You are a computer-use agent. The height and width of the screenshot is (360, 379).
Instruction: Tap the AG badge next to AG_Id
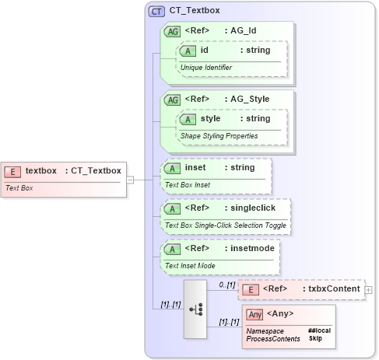[x=170, y=31]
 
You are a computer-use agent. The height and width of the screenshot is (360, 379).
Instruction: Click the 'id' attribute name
[x=204, y=51]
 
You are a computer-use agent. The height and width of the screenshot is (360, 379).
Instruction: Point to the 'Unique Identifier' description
[x=206, y=68]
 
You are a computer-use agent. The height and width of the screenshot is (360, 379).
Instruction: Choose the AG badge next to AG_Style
[x=170, y=100]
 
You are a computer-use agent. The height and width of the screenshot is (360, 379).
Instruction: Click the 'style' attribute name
[x=210, y=119]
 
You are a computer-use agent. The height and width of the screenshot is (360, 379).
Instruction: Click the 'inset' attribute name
[x=195, y=168]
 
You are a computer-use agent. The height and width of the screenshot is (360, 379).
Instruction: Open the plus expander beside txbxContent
[x=369, y=290]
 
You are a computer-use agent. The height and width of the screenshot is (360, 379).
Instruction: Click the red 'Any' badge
[x=254, y=314]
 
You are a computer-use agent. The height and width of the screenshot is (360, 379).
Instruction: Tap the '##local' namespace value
[x=319, y=330]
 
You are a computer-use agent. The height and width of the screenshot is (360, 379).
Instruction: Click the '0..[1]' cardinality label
[x=226, y=285]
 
